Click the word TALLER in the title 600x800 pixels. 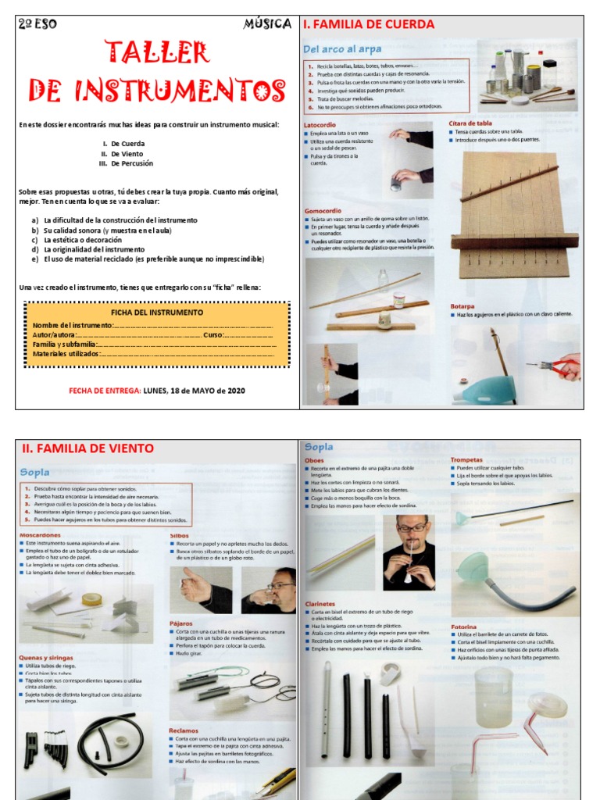click(x=157, y=53)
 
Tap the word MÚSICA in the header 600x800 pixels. click(x=267, y=24)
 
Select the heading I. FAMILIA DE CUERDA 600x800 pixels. click(x=368, y=24)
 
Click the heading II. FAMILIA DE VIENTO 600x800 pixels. click(x=87, y=448)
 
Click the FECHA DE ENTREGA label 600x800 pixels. click(x=105, y=391)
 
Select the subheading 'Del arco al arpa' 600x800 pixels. click(x=341, y=49)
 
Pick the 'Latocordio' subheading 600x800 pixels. click(x=320, y=125)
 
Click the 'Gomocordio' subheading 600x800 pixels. click(x=323, y=210)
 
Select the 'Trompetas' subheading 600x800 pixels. click(x=467, y=460)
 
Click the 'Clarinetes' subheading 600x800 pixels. click(x=320, y=604)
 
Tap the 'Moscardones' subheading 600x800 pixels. click(x=41, y=534)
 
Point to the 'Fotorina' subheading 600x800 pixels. click(x=464, y=627)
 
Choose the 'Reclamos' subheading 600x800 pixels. click(x=184, y=730)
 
